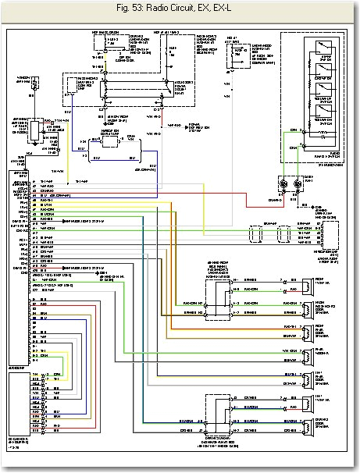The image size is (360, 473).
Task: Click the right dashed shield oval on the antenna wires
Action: tap(287, 233)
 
